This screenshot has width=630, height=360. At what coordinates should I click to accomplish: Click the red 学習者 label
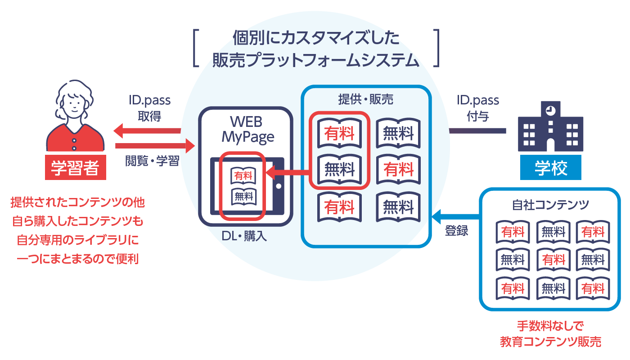pyautogui.click(x=75, y=168)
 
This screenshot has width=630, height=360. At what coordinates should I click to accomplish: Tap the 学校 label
pyautogui.click(x=551, y=168)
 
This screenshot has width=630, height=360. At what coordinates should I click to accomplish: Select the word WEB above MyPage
pyautogui.click(x=246, y=122)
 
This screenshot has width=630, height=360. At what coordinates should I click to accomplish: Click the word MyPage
pyautogui.click(x=247, y=137)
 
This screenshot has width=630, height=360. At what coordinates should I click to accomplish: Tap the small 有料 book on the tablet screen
pyautogui.click(x=243, y=175)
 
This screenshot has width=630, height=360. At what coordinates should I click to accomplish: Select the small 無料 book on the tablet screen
pyautogui.click(x=243, y=196)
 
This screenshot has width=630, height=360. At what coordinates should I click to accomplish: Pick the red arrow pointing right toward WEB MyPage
pyautogui.click(x=155, y=146)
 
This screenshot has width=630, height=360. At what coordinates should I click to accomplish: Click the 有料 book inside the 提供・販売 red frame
pyautogui.click(x=339, y=134)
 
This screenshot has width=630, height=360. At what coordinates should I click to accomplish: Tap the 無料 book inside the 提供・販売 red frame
pyautogui.click(x=339, y=170)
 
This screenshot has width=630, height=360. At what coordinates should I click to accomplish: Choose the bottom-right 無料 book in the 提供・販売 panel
pyautogui.click(x=398, y=207)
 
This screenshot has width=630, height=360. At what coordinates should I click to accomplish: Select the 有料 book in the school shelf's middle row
pyautogui.click(x=553, y=260)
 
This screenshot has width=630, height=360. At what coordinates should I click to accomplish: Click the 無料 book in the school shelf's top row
pyautogui.click(x=553, y=232)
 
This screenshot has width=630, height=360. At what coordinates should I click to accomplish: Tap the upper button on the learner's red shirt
pyautogui.click(x=74, y=140)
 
